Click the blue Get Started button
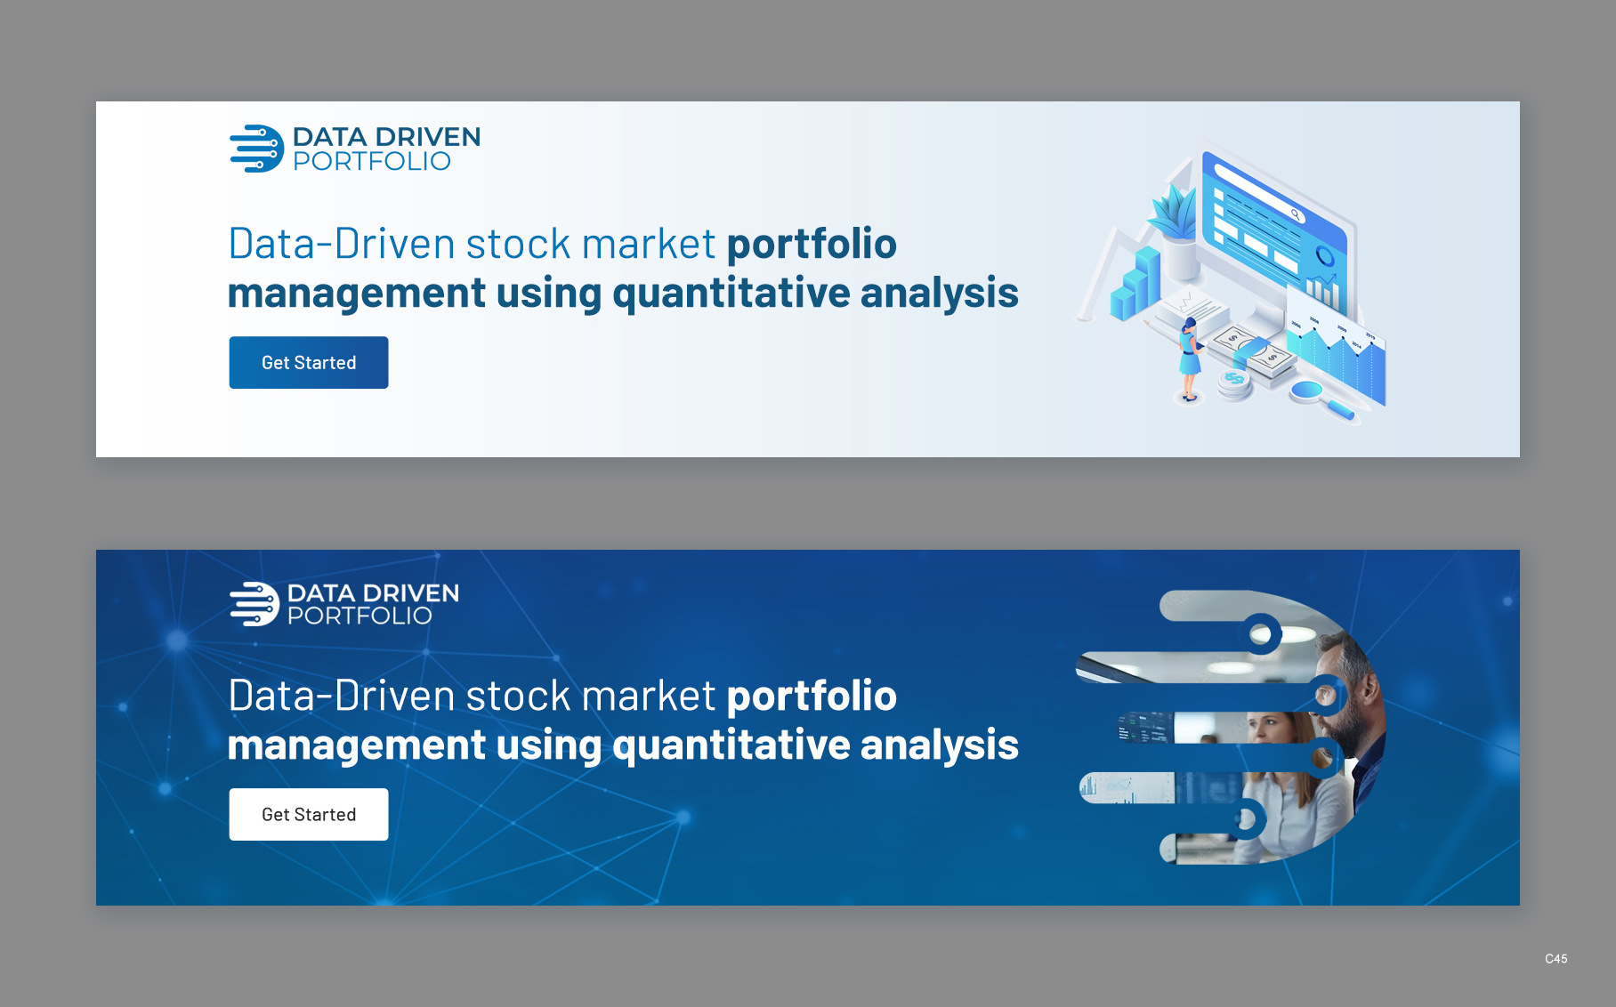pos(309,362)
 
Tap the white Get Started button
pos(309,814)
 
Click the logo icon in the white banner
pos(256,149)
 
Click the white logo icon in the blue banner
pos(255,604)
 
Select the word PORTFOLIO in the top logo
pos(372,161)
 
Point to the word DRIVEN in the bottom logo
pos(411,593)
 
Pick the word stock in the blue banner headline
pos(518,696)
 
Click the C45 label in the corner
pos(1556,959)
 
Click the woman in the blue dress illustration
pos(1189,359)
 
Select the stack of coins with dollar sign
pos(1234,384)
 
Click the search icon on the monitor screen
pos(1296,214)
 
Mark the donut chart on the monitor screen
pos(1325,256)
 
